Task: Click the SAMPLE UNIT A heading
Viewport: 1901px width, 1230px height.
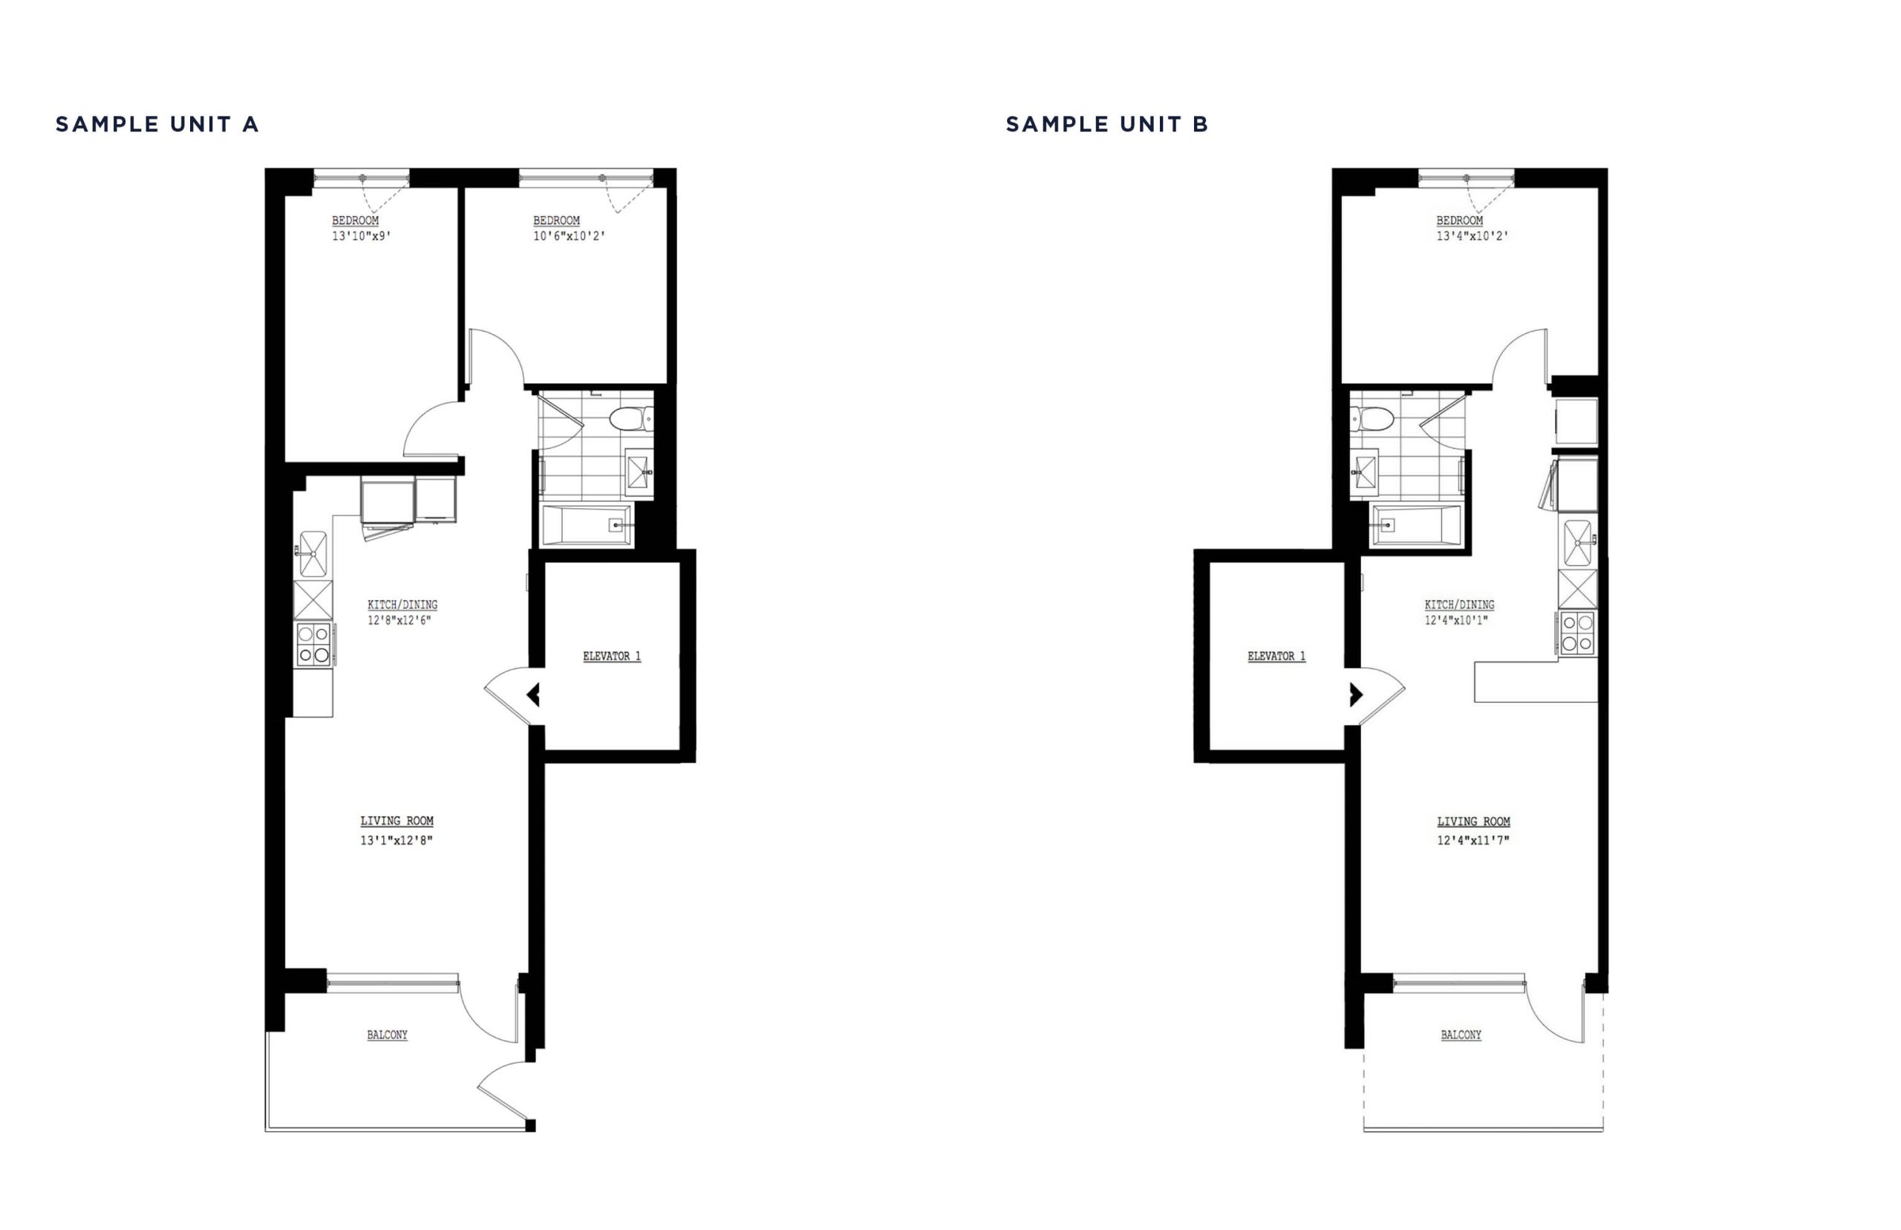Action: [157, 125]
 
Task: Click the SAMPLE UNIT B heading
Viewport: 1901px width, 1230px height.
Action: [1106, 125]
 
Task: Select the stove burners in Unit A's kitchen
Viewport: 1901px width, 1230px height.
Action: [314, 645]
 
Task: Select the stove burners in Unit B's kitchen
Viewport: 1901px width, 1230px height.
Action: [1576, 634]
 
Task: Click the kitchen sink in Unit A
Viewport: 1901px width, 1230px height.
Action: [313, 553]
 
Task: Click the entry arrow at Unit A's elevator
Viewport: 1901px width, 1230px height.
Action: [533, 695]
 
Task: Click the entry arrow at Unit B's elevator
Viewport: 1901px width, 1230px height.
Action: [1356, 695]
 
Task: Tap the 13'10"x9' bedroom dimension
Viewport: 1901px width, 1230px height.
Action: [362, 236]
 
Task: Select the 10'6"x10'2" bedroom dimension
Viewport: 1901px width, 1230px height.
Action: [570, 236]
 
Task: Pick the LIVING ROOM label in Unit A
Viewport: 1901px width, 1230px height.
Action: [397, 821]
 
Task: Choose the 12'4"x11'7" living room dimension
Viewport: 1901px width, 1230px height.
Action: [1473, 840]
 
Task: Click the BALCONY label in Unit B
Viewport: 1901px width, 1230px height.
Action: [1461, 1035]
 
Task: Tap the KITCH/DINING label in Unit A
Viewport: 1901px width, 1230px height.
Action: [402, 605]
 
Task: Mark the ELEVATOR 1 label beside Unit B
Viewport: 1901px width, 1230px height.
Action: [1276, 657]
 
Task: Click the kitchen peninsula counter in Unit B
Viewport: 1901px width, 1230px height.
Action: [1534, 682]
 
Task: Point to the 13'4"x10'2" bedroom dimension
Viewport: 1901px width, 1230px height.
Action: [1473, 236]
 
